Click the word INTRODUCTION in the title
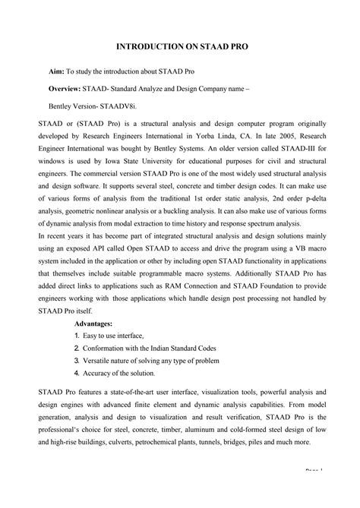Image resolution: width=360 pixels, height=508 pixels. click(151, 47)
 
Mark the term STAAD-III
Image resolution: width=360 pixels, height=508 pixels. click(301, 151)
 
